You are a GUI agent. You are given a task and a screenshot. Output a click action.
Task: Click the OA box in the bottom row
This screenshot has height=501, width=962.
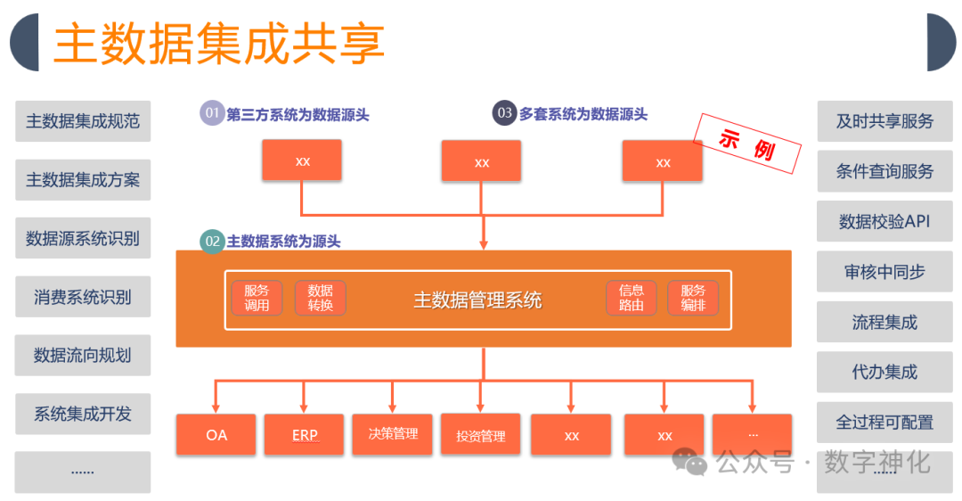pyautogui.click(x=216, y=435)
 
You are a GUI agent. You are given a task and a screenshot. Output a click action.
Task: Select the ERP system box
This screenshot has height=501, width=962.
pyautogui.click(x=304, y=435)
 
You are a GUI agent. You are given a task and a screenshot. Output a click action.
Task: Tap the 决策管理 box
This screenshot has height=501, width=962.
pyautogui.click(x=393, y=434)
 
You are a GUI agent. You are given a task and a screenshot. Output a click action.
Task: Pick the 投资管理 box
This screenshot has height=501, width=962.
pyautogui.click(x=481, y=435)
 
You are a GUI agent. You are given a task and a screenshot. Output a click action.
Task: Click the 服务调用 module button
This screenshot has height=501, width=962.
pyautogui.click(x=257, y=298)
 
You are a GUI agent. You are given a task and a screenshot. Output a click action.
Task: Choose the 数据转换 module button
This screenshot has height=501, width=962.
pyautogui.click(x=320, y=298)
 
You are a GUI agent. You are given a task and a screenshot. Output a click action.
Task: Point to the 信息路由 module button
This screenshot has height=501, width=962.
pyautogui.click(x=632, y=298)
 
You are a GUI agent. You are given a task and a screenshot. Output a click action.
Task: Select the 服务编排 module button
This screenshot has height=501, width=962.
pyautogui.click(x=693, y=298)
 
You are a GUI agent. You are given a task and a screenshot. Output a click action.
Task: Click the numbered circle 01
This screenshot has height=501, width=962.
pyautogui.click(x=212, y=113)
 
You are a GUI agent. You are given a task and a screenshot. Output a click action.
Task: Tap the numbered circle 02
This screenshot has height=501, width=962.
pyautogui.click(x=212, y=241)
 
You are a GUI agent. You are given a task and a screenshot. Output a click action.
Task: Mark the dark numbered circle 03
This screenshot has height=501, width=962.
pyautogui.click(x=505, y=113)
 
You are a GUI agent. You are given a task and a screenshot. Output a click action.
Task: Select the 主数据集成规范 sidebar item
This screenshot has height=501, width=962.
pyautogui.click(x=83, y=121)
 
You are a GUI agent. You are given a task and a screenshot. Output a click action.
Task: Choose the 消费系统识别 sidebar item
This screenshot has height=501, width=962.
pyautogui.click(x=83, y=297)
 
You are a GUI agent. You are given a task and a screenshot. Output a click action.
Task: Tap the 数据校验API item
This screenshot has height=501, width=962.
pyautogui.click(x=884, y=221)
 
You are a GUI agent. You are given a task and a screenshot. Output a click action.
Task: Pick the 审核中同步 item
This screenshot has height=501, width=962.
pyautogui.click(x=884, y=272)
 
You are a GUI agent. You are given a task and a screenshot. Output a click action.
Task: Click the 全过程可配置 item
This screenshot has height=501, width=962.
pyautogui.click(x=884, y=422)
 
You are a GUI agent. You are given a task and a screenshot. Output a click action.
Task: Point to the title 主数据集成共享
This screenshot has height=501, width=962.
pyautogui.click(x=219, y=43)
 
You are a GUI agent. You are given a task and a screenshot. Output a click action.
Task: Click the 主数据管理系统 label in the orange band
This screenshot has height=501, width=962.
pyautogui.click(x=477, y=300)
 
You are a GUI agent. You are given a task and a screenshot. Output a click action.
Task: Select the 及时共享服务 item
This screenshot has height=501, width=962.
pyautogui.click(x=884, y=121)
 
